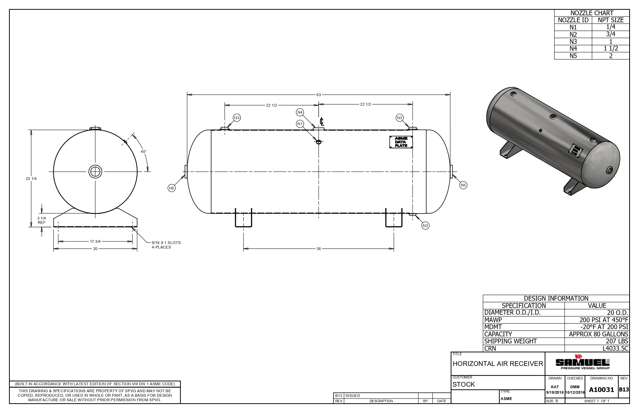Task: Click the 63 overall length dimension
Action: [x=318, y=95]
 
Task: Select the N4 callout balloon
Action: [x=300, y=112]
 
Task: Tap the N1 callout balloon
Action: [x=300, y=124]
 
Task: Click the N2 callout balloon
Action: [x=425, y=226]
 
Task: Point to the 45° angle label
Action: [x=144, y=152]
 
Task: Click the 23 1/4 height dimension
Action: [x=31, y=179]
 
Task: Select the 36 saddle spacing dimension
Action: [x=318, y=249]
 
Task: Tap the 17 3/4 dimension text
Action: [x=95, y=241]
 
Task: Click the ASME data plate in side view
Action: [x=401, y=142]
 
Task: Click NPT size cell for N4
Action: [x=610, y=49]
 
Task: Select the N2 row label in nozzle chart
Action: [x=573, y=34]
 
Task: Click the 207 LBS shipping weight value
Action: [x=617, y=341]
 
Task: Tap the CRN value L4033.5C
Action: [x=615, y=348]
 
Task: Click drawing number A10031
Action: [x=601, y=390]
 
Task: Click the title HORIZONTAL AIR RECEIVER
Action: [x=498, y=364]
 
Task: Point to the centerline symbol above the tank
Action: [x=322, y=121]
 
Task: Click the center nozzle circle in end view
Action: [x=95, y=172]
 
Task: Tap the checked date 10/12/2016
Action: [x=575, y=392]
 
